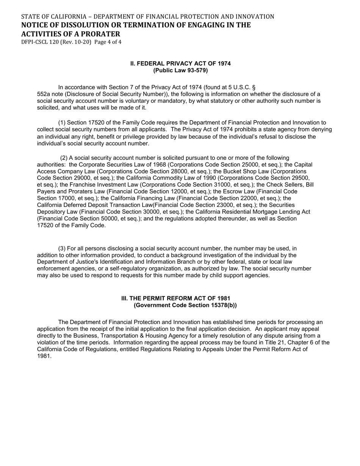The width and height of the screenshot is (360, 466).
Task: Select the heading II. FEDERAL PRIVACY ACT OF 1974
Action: pyautogui.click(x=180, y=64)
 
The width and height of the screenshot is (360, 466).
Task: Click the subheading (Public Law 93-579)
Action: pyautogui.click(x=180, y=70)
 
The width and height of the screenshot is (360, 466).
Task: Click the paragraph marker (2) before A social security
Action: pyautogui.click(x=64, y=158)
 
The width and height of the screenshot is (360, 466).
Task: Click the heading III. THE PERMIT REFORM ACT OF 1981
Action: pyautogui.click(x=175, y=299)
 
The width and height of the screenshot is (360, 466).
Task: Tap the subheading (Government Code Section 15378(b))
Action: pyautogui.click(x=185, y=305)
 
